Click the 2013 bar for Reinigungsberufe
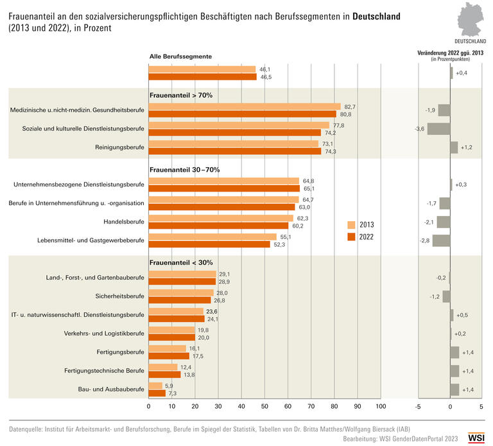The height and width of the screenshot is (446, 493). (x=233, y=144)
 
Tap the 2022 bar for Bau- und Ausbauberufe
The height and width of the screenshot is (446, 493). (x=157, y=393)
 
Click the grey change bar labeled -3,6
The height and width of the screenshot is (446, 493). (x=438, y=129)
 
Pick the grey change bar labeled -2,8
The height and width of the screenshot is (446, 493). (x=441, y=240)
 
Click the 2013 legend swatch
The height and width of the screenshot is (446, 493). (x=351, y=225)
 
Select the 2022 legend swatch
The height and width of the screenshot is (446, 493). (x=351, y=236)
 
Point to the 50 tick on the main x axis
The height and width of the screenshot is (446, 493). (x=264, y=407)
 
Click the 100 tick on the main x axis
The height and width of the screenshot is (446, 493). (x=380, y=407)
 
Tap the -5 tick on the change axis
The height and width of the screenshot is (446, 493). (x=418, y=407)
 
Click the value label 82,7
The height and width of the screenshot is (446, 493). (x=349, y=106)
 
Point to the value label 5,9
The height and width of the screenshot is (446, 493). (x=169, y=385)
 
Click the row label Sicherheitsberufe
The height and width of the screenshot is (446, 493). (x=116, y=296)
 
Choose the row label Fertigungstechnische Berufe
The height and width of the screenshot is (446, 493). (x=104, y=371)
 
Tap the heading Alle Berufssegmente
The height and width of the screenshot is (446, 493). (x=180, y=57)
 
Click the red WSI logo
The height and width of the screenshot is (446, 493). (x=476, y=437)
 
